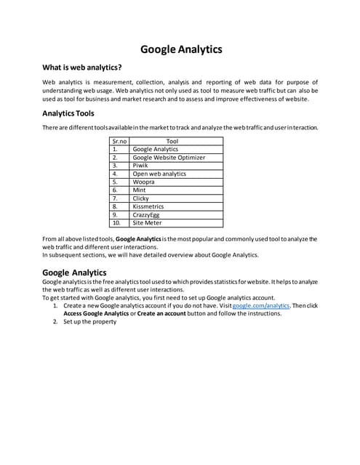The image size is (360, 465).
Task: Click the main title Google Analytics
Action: tap(180, 49)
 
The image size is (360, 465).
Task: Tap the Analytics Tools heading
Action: tap(68, 113)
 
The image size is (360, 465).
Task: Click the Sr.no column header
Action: tap(119, 141)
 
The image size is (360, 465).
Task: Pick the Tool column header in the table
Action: tap(172, 141)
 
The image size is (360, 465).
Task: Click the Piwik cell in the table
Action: tap(141, 166)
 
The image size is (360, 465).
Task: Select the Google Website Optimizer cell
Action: tap(169, 157)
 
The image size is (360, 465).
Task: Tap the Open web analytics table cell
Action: tap(159, 174)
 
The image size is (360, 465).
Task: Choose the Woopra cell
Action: tap(144, 182)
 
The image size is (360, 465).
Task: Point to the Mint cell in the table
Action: tap(140, 190)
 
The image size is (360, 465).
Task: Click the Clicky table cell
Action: tap(141, 198)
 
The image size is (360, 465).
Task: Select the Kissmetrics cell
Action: tap(148, 207)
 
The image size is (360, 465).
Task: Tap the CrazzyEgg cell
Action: tap(147, 215)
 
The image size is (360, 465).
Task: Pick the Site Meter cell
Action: tap(147, 223)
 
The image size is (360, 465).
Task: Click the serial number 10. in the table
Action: tap(116, 223)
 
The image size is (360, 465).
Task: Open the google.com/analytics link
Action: tap(260, 306)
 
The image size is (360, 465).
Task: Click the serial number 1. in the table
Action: tap(115, 149)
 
